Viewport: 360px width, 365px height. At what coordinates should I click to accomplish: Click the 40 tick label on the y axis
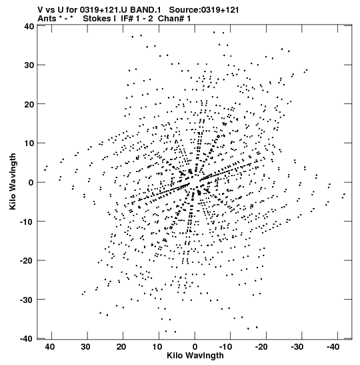coord(29,26)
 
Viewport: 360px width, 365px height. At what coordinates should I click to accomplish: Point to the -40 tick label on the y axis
coord(27,339)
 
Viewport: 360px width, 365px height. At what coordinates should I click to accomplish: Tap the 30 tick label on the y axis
coord(29,65)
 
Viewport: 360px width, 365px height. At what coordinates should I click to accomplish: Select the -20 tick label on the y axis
coord(27,261)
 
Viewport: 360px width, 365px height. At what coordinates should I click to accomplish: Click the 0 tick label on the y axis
coord(31,183)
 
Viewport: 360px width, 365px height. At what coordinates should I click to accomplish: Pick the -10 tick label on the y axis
coord(27,222)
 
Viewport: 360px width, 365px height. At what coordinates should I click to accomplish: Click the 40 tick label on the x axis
coord(50,347)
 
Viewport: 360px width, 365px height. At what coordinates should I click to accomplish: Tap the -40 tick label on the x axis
coord(333,347)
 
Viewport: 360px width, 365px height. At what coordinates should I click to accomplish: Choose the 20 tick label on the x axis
coord(121,347)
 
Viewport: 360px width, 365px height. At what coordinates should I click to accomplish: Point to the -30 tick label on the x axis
coord(297,347)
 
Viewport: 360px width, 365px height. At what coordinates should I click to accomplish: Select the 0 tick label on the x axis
coord(195,347)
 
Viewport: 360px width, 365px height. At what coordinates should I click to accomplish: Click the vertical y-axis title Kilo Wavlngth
coord(13,181)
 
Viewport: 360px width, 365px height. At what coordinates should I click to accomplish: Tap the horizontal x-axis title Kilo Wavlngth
coord(195,356)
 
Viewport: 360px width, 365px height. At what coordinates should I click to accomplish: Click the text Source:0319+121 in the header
coord(204,10)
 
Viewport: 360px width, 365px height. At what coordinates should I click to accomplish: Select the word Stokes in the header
coord(97,19)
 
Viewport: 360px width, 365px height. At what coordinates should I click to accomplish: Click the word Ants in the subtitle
coord(47,19)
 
